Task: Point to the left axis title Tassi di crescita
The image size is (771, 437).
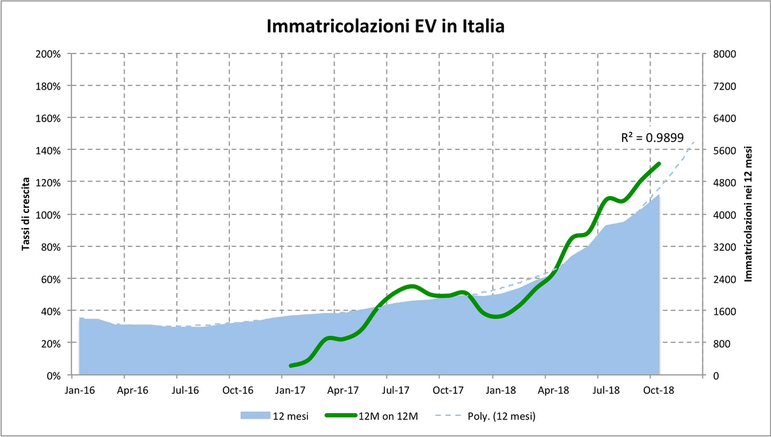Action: point(26,214)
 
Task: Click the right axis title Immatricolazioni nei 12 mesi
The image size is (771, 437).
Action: point(749,214)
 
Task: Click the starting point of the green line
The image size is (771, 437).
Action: point(291,365)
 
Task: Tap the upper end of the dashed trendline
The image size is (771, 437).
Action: point(694,141)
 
